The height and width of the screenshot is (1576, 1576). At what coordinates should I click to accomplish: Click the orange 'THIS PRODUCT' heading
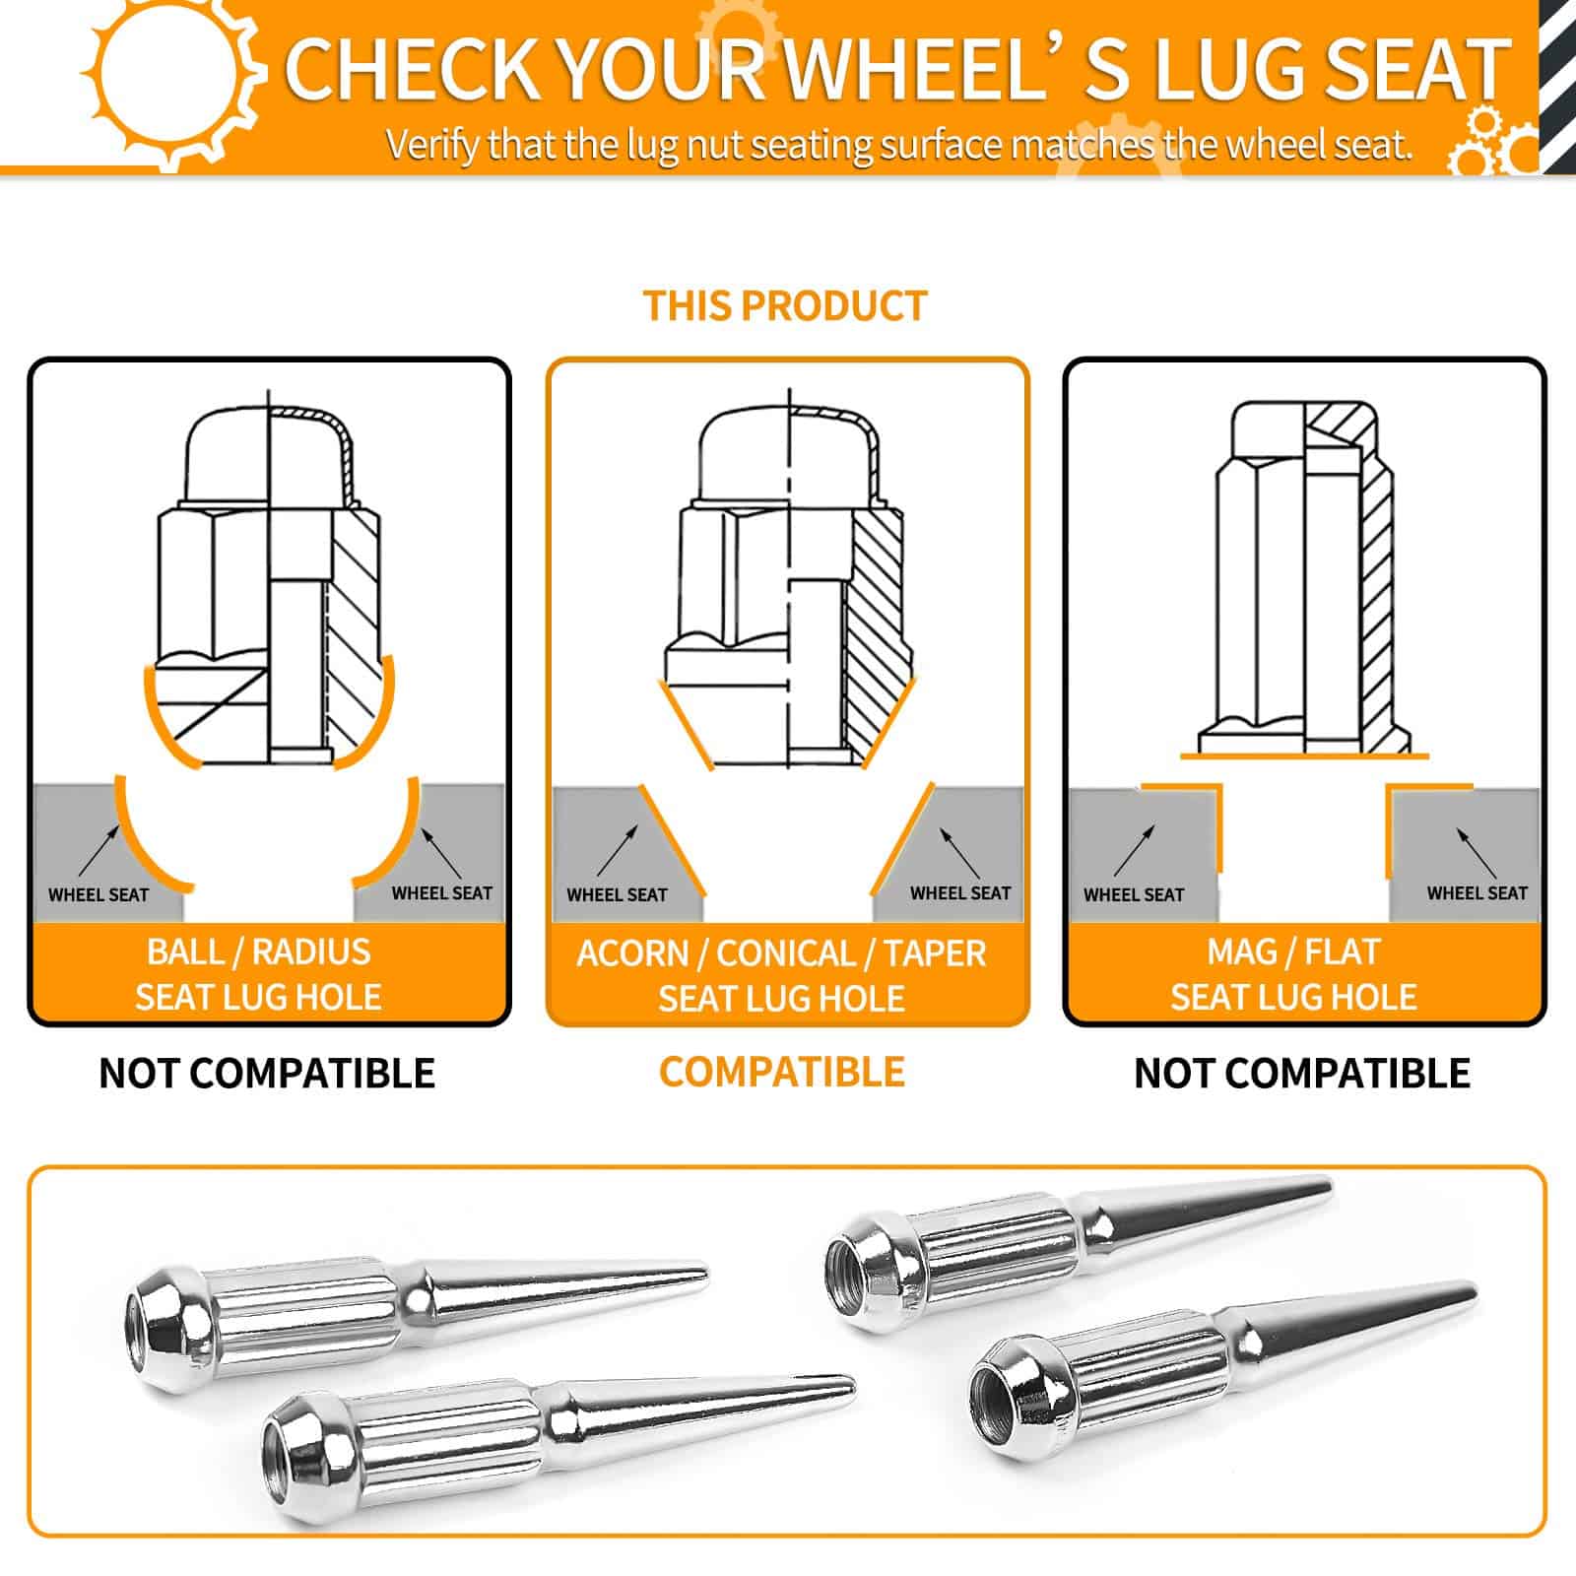(785, 306)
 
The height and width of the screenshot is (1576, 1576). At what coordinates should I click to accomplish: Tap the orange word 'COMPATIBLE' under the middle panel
(782, 1072)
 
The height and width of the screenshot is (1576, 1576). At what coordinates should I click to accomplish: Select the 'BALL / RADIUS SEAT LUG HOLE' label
(258, 974)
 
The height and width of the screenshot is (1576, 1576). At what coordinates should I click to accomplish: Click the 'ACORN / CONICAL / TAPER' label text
(781, 953)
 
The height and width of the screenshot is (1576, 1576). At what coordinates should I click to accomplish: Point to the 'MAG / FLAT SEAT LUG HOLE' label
(1293, 974)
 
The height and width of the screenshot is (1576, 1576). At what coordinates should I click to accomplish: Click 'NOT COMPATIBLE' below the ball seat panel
(267, 1073)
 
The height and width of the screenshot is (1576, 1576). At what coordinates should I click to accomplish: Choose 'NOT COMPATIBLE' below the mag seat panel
(1302, 1073)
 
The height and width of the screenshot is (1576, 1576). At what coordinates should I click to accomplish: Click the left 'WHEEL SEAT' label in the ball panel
(98, 895)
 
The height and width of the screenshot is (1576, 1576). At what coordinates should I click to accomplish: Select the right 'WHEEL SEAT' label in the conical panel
(960, 893)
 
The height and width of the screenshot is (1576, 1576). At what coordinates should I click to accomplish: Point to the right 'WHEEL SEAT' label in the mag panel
(1477, 893)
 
